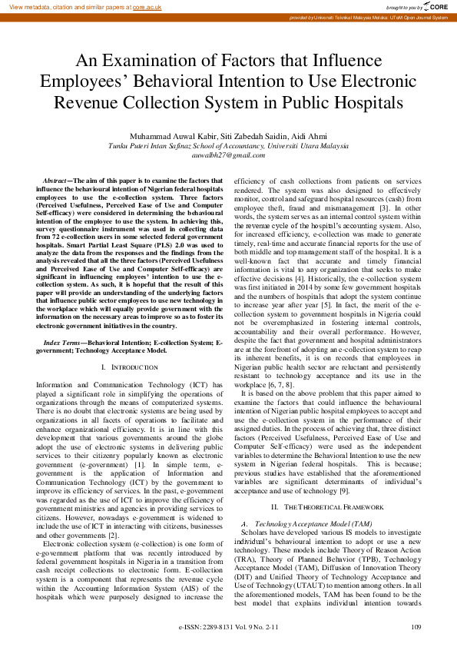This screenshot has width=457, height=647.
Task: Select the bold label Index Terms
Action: tap(64, 339)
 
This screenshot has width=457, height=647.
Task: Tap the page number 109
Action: tap(417, 628)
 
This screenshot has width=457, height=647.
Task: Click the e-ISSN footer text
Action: tap(228, 628)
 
